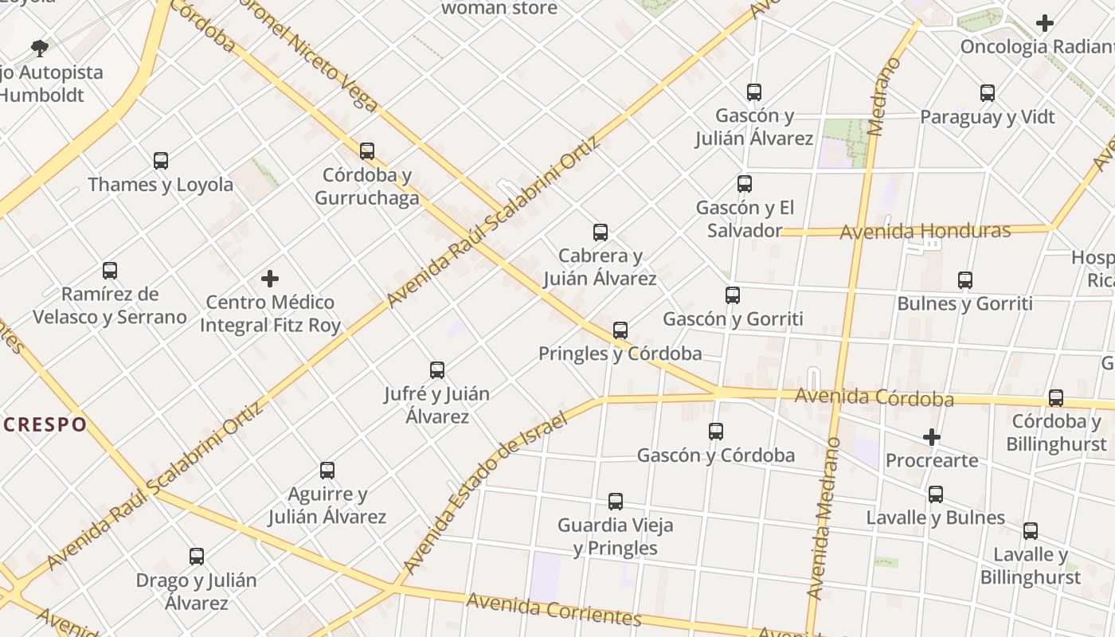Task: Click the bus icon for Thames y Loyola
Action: (x=161, y=161)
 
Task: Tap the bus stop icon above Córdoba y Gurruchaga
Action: (x=367, y=150)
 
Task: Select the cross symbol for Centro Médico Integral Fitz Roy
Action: (x=270, y=279)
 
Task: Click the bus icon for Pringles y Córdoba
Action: (x=620, y=330)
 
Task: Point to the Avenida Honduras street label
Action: (x=925, y=232)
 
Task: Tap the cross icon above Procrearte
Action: (x=932, y=437)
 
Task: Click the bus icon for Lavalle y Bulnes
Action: (x=936, y=494)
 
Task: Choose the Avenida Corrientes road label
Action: (x=554, y=609)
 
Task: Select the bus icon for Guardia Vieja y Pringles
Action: (x=616, y=502)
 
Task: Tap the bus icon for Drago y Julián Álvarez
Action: (x=197, y=557)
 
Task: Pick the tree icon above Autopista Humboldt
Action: (x=40, y=49)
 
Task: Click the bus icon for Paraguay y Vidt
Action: (x=988, y=93)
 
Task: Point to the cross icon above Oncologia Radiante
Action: (x=1045, y=23)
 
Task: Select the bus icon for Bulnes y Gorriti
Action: (x=965, y=280)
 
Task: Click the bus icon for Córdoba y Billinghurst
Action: (x=1056, y=397)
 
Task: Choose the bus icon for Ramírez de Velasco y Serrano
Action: (x=110, y=271)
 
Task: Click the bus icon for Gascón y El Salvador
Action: (x=745, y=184)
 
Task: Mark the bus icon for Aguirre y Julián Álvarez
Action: (x=327, y=471)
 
